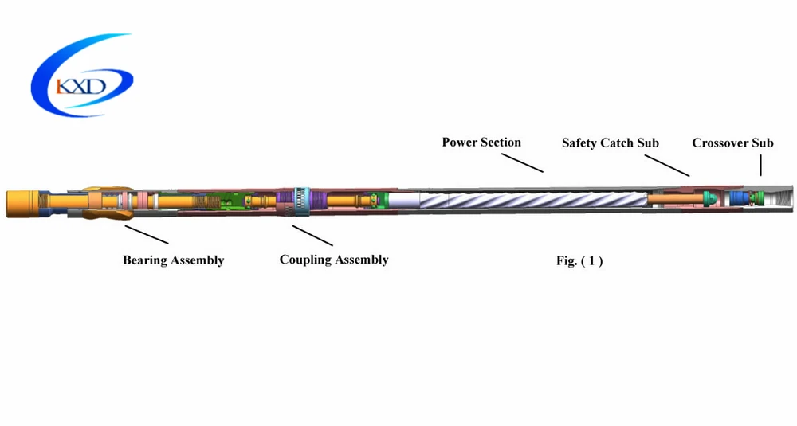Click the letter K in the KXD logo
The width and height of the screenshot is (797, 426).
tap(63, 85)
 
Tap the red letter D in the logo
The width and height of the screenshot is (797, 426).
tap(98, 84)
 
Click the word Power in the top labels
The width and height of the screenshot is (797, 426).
tap(460, 143)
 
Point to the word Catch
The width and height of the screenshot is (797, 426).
tap(621, 143)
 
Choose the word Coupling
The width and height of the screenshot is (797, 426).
tap(306, 260)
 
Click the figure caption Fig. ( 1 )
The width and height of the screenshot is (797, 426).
tap(579, 260)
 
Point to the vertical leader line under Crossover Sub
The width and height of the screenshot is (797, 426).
tap(760, 166)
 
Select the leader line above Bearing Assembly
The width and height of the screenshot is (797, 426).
tap(146, 234)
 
